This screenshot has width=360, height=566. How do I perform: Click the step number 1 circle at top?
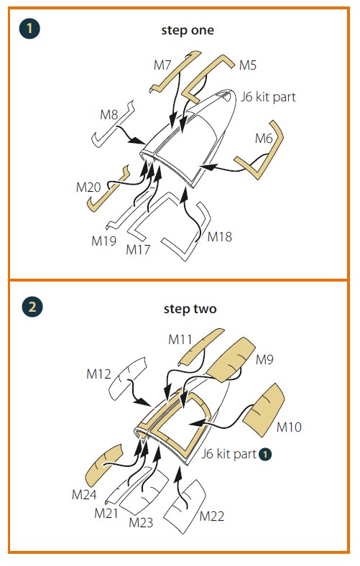pos(29,28)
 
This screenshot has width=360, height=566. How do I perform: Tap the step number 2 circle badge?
pos(32,307)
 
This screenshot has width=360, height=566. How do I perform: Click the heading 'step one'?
pos(188,30)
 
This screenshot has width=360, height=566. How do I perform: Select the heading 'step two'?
pos(190,309)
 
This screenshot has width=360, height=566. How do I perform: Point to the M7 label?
pos(162,65)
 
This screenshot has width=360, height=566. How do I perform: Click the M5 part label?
pos(248,65)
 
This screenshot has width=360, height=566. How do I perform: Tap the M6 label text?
pos(264,138)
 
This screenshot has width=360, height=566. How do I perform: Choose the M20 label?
pos(88,187)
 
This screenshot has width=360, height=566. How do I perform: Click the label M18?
pos(220,237)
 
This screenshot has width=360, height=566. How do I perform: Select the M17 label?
pos(138,249)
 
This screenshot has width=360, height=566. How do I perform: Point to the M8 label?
pos(109,115)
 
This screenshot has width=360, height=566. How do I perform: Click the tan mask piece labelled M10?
pos(264,410)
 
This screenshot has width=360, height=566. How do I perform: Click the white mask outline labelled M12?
pos(126,378)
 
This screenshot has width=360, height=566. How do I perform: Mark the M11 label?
pos(180,340)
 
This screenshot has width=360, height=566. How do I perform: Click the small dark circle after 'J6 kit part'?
pos(265,454)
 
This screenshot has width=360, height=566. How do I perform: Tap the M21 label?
pos(106,513)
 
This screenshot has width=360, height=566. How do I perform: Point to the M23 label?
pos(141,522)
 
